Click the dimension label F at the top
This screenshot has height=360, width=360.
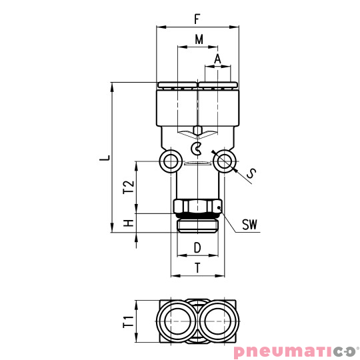pos(197,18)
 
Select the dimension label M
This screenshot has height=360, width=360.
pos(198,39)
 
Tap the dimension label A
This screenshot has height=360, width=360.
pos(218,59)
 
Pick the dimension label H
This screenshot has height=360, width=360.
pos(129,223)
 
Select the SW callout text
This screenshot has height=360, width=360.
pos(249,225)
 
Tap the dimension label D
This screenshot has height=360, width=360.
pos(197,248)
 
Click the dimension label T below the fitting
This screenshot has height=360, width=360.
pos(197,268)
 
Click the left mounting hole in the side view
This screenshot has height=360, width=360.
pos(171,161)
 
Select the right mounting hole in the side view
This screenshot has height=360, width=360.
pos(225,161)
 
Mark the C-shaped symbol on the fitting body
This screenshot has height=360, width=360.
pos(197,147)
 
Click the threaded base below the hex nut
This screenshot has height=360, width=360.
pos(197,225)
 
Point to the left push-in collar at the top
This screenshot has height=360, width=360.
pos(178,85)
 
